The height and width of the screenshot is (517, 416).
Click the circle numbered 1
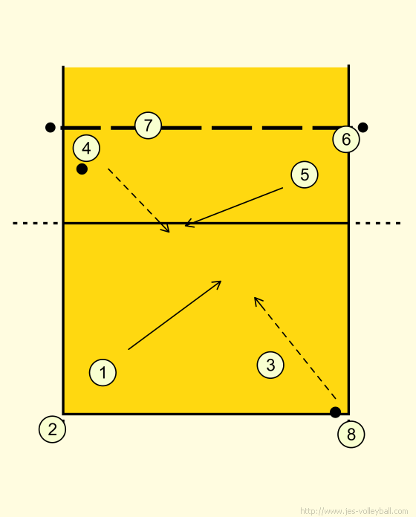click(103, 373)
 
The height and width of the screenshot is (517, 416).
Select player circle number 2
click(52, 429)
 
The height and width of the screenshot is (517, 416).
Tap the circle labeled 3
click(270, 365)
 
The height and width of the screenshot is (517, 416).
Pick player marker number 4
click(86, 149)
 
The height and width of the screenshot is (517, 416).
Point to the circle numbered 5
click(305, 175)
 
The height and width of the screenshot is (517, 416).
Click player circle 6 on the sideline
click(346, 139)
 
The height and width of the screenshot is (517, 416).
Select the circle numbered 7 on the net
click(148, 126)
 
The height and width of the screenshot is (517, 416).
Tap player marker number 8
click(351, 435)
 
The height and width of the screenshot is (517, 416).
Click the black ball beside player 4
click(82, 169)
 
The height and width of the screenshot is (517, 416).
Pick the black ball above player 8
click(335, 412)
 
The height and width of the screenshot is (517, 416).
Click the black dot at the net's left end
click(50, 127)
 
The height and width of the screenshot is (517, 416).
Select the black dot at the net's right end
click(363, 127)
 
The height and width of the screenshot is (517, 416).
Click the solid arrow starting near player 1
click(175, 315)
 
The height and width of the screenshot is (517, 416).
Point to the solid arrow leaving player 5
click(234, 207)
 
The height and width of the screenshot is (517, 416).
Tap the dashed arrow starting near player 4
click(139, 201)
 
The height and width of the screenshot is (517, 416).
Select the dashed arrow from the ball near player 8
click(295, 348)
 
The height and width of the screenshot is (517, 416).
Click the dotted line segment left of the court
click(36, 224)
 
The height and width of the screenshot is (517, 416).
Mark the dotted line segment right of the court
click(378, 224)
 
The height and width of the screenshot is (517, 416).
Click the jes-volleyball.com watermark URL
click(354, 511)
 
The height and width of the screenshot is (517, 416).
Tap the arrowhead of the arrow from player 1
click(218, 284)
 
